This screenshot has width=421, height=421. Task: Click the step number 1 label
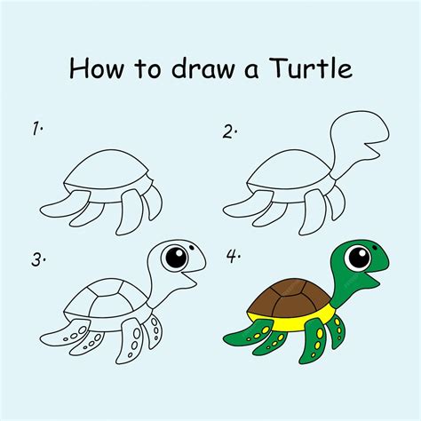[x=37, y=130]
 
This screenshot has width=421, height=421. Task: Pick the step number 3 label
[x=37, y=260]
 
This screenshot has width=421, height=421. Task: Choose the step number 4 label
[x=233, y=258]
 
